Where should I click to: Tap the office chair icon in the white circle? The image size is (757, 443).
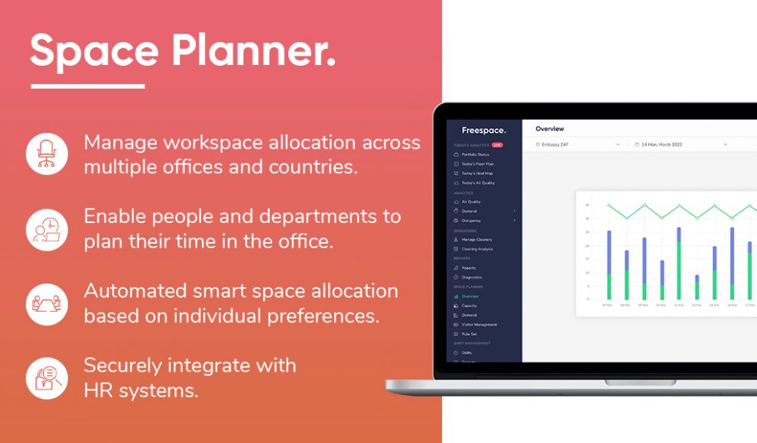point(47,154)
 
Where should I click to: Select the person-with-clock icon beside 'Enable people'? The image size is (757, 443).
point(47,228)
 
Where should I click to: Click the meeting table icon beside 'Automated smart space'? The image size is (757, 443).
point(47,303)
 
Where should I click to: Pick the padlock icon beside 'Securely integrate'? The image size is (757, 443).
point(47,377)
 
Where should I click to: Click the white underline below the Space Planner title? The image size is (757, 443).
point(87,86)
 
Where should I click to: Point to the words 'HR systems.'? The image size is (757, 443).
point(141,390)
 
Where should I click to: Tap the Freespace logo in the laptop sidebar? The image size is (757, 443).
point(483,131)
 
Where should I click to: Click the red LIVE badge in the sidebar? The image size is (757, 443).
point(497,144)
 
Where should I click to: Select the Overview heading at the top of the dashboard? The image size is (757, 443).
point(550,129)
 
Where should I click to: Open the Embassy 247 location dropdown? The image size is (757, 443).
point(578,144)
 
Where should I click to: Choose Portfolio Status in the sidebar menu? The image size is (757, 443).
point(475,154)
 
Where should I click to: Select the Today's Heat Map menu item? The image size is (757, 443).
point(477,173)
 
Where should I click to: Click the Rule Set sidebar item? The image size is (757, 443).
point(469,334)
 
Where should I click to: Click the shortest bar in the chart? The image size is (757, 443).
point(697,288)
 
